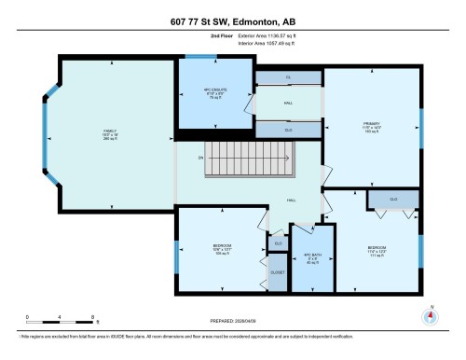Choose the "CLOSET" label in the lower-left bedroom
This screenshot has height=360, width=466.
tap(278, 272)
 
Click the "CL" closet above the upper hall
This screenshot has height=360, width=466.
tap(287, 77)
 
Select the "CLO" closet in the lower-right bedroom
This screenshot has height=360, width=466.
tap(393, 199)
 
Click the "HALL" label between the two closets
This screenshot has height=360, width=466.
tap(287, 104)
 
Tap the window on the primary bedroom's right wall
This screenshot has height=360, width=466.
tap(421, 121)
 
